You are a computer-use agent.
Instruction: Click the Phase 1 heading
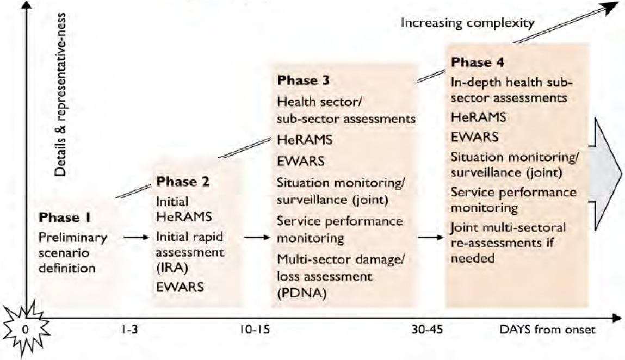tap(65, 218)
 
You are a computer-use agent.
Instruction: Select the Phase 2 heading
tap(182, 181)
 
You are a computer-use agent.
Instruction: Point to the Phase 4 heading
tap(477, 62)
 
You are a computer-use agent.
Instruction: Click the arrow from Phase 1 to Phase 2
tap(135, 237)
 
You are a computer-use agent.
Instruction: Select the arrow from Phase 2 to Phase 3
tap(258, 237)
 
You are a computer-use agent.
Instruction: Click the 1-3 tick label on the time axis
tap(129, 330)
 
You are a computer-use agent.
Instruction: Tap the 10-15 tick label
tap(253, 330)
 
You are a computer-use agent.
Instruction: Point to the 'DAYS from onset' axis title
tap(547, 330)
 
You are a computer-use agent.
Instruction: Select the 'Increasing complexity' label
tap(468, 23)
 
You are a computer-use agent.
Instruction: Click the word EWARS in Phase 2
tap(180, 287)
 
